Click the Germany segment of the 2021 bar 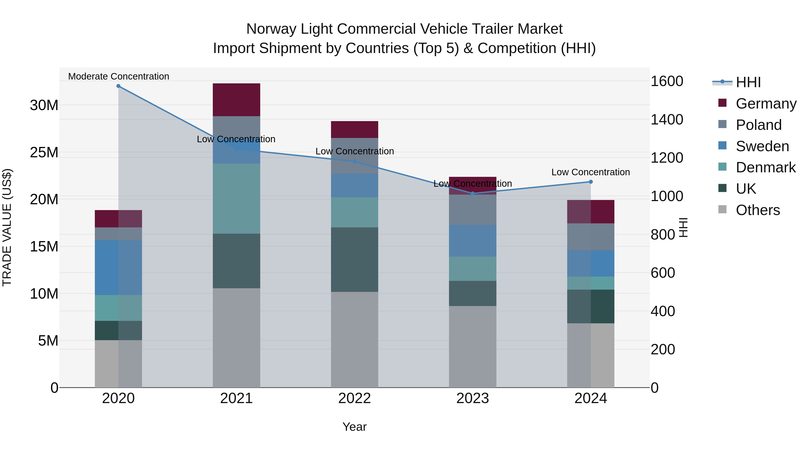click(x=236, y=100)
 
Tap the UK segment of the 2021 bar click(x=236, y=261)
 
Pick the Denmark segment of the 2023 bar click(x=472, y=269)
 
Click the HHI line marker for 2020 click(x=118, y=86)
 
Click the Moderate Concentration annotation click(x=118, y=76)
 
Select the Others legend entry click(x=758, y=210)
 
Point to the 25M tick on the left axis click(x=44, y=152)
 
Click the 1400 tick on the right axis click(x=667, y=120)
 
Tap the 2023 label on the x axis click(x=472, y=398)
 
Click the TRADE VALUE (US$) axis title click(x=7, y=227)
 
